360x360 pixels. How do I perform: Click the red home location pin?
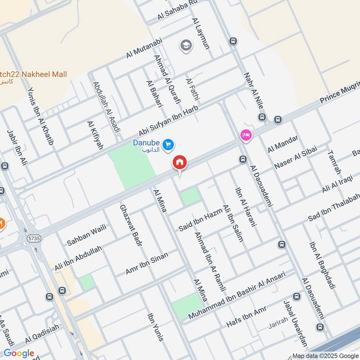(180, 162)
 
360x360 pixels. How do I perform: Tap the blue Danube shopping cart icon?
(169, 144)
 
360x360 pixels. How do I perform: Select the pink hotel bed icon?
(246, 135)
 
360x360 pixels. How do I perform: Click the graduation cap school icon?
(184, 45)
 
